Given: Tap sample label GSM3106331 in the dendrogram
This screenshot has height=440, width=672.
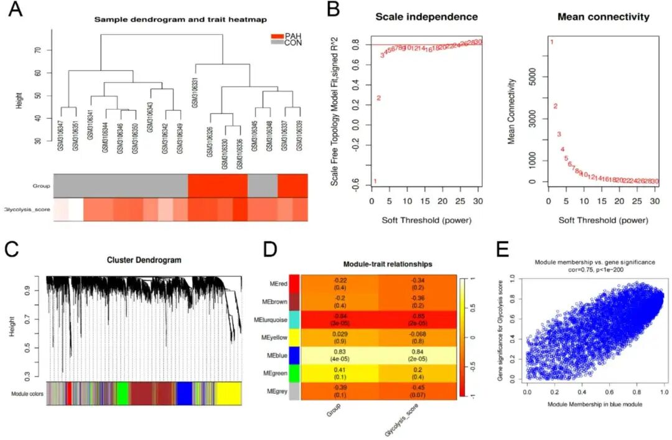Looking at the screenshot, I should [195, 92].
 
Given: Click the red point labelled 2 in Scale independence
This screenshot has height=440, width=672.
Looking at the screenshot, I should [378, 98].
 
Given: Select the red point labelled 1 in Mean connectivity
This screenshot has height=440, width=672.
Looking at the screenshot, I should [551, 42].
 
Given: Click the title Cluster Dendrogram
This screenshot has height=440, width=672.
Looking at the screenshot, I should [151, 260].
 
